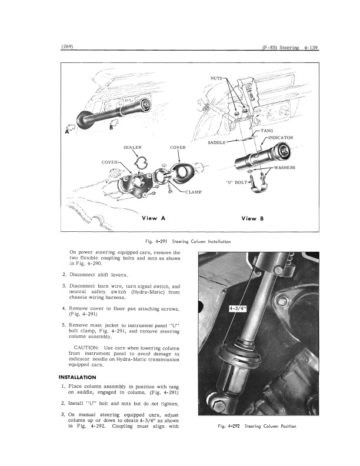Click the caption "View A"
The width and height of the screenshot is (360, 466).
click(154, 218)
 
